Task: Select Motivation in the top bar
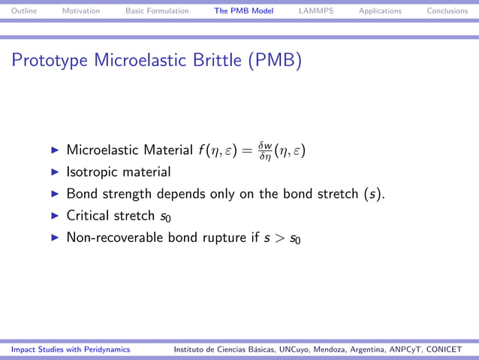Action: pyautogui.click(x=80, y=11)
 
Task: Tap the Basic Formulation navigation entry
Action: pyautogui.click(x=157, y=11)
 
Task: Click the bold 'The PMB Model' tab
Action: pyautogui.click(x=243, y=11)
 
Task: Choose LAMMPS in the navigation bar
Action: pyautogui.click(x=315, y=11)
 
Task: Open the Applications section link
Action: pyautogui.click(x=380, y=11)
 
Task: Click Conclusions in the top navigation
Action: pyautogui.click(x=447, y=11)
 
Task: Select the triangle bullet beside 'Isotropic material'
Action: pyautogui.click(x=55, y=172)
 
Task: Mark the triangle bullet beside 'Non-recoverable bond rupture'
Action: pyautogui.click(x=55, y=237)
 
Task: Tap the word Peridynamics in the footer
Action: pyautogui.click(x=103, y=349)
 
